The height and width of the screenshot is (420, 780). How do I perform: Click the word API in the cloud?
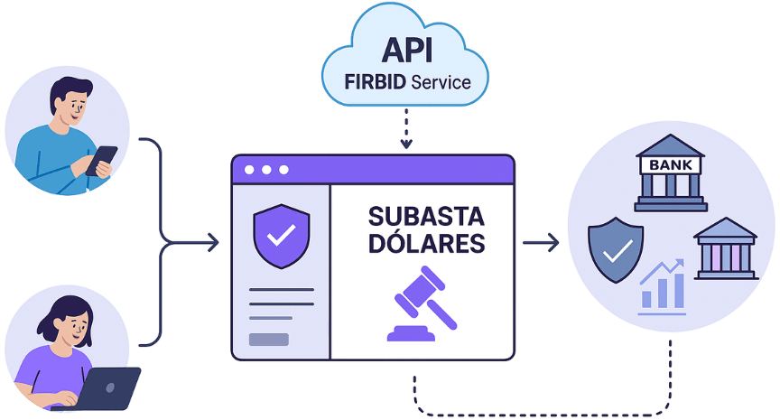(x=407, y=50)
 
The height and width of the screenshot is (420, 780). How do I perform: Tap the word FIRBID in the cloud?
(x=375, y=82)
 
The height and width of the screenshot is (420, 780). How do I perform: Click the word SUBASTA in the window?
(x=426, y=217)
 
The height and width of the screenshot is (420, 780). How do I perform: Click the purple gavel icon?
(x=422, y=303)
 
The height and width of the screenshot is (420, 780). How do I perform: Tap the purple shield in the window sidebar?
(x=282, y=236)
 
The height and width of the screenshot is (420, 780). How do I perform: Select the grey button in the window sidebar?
(x=269, y=340)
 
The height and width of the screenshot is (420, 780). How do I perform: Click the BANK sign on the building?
(x=670, y=164)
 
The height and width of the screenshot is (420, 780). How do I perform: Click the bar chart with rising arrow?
(x=662, y=287)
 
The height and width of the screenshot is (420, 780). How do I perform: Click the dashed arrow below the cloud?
(x=406, y=128)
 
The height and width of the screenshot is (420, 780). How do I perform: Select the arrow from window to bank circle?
(x=541, y=243)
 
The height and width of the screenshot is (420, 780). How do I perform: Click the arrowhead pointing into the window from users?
(x=213, y=243)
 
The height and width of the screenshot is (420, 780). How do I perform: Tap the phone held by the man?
(x=101, y=161)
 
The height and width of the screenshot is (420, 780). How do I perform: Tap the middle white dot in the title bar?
(x=266, y=170)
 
